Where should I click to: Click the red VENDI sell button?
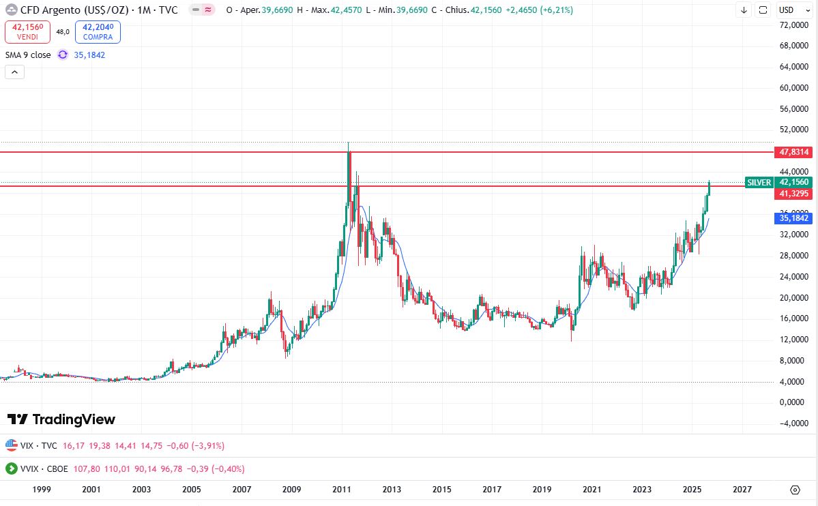[x=27, y=31]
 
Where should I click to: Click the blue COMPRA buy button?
[x=98, y=31]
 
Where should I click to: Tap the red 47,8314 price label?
[x=794, y=152]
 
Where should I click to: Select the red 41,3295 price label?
[x=794, y=194]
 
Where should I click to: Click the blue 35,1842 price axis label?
[x=794, y=218]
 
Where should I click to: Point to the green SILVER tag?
[x=759, y=182]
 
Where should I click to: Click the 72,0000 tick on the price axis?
[x=794, y=25]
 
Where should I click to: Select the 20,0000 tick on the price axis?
[x=794, y=297]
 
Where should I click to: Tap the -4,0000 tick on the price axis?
[x=793, y=423]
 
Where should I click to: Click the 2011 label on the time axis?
[x=342, y=490]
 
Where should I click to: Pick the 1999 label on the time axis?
[x=42, y=490]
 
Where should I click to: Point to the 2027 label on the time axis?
[x=742, y=490]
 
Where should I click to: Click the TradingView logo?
[x=61, y=419]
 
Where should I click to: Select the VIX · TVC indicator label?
[x=38, y=445]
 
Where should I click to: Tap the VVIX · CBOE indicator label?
[x=42, y=468]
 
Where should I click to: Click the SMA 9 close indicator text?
[x=28, y=55]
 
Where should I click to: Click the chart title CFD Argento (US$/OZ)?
[x=74, y=10]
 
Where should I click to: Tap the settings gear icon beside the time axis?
[x=795, y=490]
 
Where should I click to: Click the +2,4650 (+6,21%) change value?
[x=538, y=10]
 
